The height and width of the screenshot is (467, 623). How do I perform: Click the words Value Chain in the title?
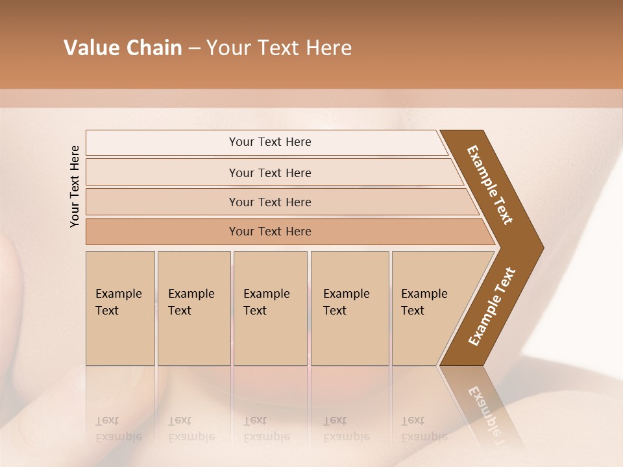[123, 48]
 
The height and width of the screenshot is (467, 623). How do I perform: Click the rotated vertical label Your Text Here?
[75, 186]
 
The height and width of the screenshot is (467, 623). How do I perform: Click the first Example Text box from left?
[120, 308]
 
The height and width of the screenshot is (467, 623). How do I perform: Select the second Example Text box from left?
[193, 308]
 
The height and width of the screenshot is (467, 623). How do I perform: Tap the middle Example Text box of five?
[270, 308]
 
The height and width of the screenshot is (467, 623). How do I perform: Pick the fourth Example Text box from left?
[349, 308]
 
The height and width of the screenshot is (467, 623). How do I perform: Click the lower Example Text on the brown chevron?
[492, 307]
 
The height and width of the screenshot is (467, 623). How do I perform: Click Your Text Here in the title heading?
[279, 48]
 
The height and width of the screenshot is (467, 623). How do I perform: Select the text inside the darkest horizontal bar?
[270, 232]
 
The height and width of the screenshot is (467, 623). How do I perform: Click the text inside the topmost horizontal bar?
[270, 142]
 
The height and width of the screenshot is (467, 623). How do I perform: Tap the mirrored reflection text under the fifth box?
[423, 429]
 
